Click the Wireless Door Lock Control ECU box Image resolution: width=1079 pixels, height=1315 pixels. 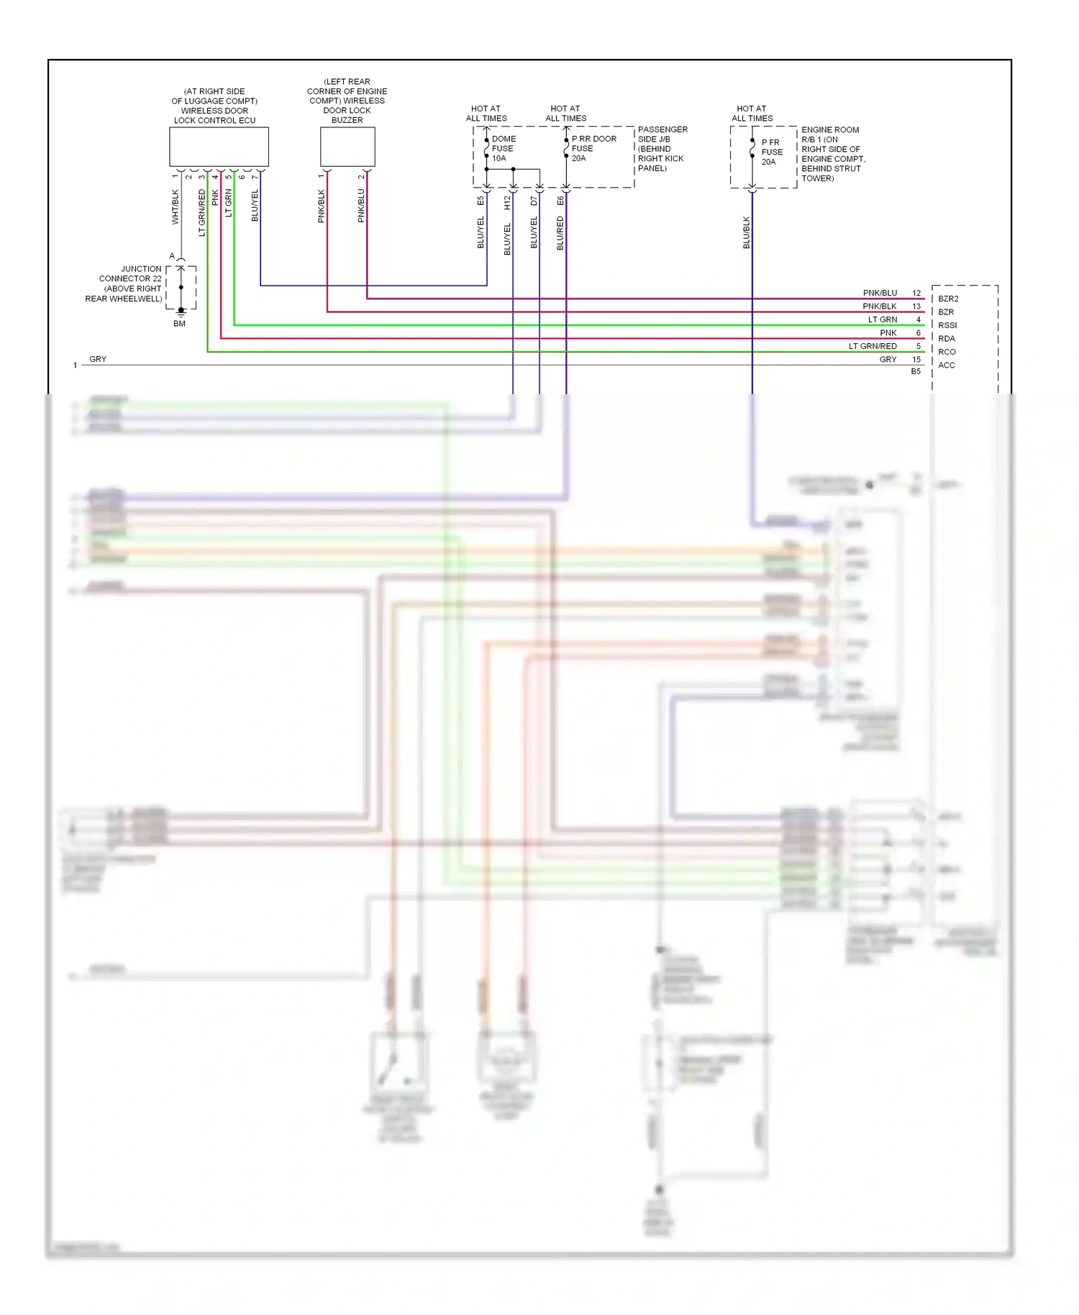219,147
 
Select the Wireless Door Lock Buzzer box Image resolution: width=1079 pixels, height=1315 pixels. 347,147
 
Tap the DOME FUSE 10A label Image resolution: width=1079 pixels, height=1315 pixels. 503,149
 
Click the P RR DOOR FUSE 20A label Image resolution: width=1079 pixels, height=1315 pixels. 593,149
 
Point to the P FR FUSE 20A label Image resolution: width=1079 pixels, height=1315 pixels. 771,152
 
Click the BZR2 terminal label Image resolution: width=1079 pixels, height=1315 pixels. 948,299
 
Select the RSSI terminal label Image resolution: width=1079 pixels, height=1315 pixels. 947,325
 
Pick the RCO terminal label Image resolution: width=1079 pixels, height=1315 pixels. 947,352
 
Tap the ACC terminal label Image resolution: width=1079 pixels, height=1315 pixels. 946,365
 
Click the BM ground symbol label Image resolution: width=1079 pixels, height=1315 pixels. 179,324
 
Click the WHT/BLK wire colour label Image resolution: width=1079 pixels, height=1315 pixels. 175,207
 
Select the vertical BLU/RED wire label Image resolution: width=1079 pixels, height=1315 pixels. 560,233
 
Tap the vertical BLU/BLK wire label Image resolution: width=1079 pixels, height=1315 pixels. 747,233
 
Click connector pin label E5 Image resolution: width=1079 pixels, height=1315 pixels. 481,201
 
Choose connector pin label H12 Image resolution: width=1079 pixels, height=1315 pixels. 507,203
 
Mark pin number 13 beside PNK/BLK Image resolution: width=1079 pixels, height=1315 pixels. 916,306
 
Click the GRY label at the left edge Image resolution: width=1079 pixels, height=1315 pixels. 98,359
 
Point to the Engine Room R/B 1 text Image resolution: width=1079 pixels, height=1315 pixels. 832,154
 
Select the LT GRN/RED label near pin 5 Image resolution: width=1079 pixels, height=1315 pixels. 873,346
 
